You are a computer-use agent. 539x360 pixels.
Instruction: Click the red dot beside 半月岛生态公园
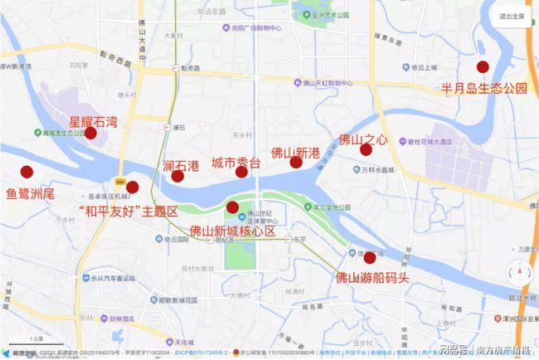pos(483,67)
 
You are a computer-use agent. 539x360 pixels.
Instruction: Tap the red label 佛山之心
pos(363,139)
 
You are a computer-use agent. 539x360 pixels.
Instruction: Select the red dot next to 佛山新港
pos(296,163)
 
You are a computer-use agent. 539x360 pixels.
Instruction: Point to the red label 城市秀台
pos(236,163)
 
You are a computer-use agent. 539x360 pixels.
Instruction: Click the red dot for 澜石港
pos(177,176)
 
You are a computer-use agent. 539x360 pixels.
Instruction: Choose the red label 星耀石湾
pos(93,122)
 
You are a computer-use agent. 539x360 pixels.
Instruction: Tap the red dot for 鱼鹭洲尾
pos(27,173)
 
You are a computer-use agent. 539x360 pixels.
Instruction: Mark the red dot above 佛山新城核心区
pos(232,207)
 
